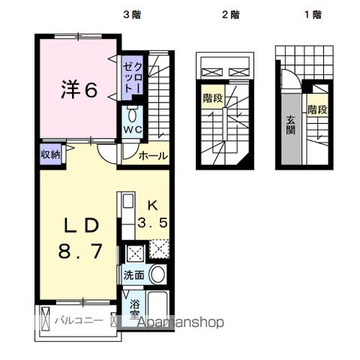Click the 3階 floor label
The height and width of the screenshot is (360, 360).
click(133, 13)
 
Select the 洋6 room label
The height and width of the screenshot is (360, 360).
click(79, 90)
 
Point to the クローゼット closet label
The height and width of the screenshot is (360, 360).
click(133, 77)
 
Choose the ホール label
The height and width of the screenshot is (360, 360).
click(153, 155)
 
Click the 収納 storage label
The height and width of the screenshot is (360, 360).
click(50, 154)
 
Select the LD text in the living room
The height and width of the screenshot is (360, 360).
click(79, 225)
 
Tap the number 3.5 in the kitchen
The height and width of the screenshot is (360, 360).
click(152, 223)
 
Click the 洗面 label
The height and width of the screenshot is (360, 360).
click(133, 274)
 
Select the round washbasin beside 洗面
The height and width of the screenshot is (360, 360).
click(157, 274)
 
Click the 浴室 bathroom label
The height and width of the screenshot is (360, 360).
click(135, 310)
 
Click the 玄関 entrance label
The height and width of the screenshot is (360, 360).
click(289, 124)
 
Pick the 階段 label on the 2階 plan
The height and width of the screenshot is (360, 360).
click(212, 97)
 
